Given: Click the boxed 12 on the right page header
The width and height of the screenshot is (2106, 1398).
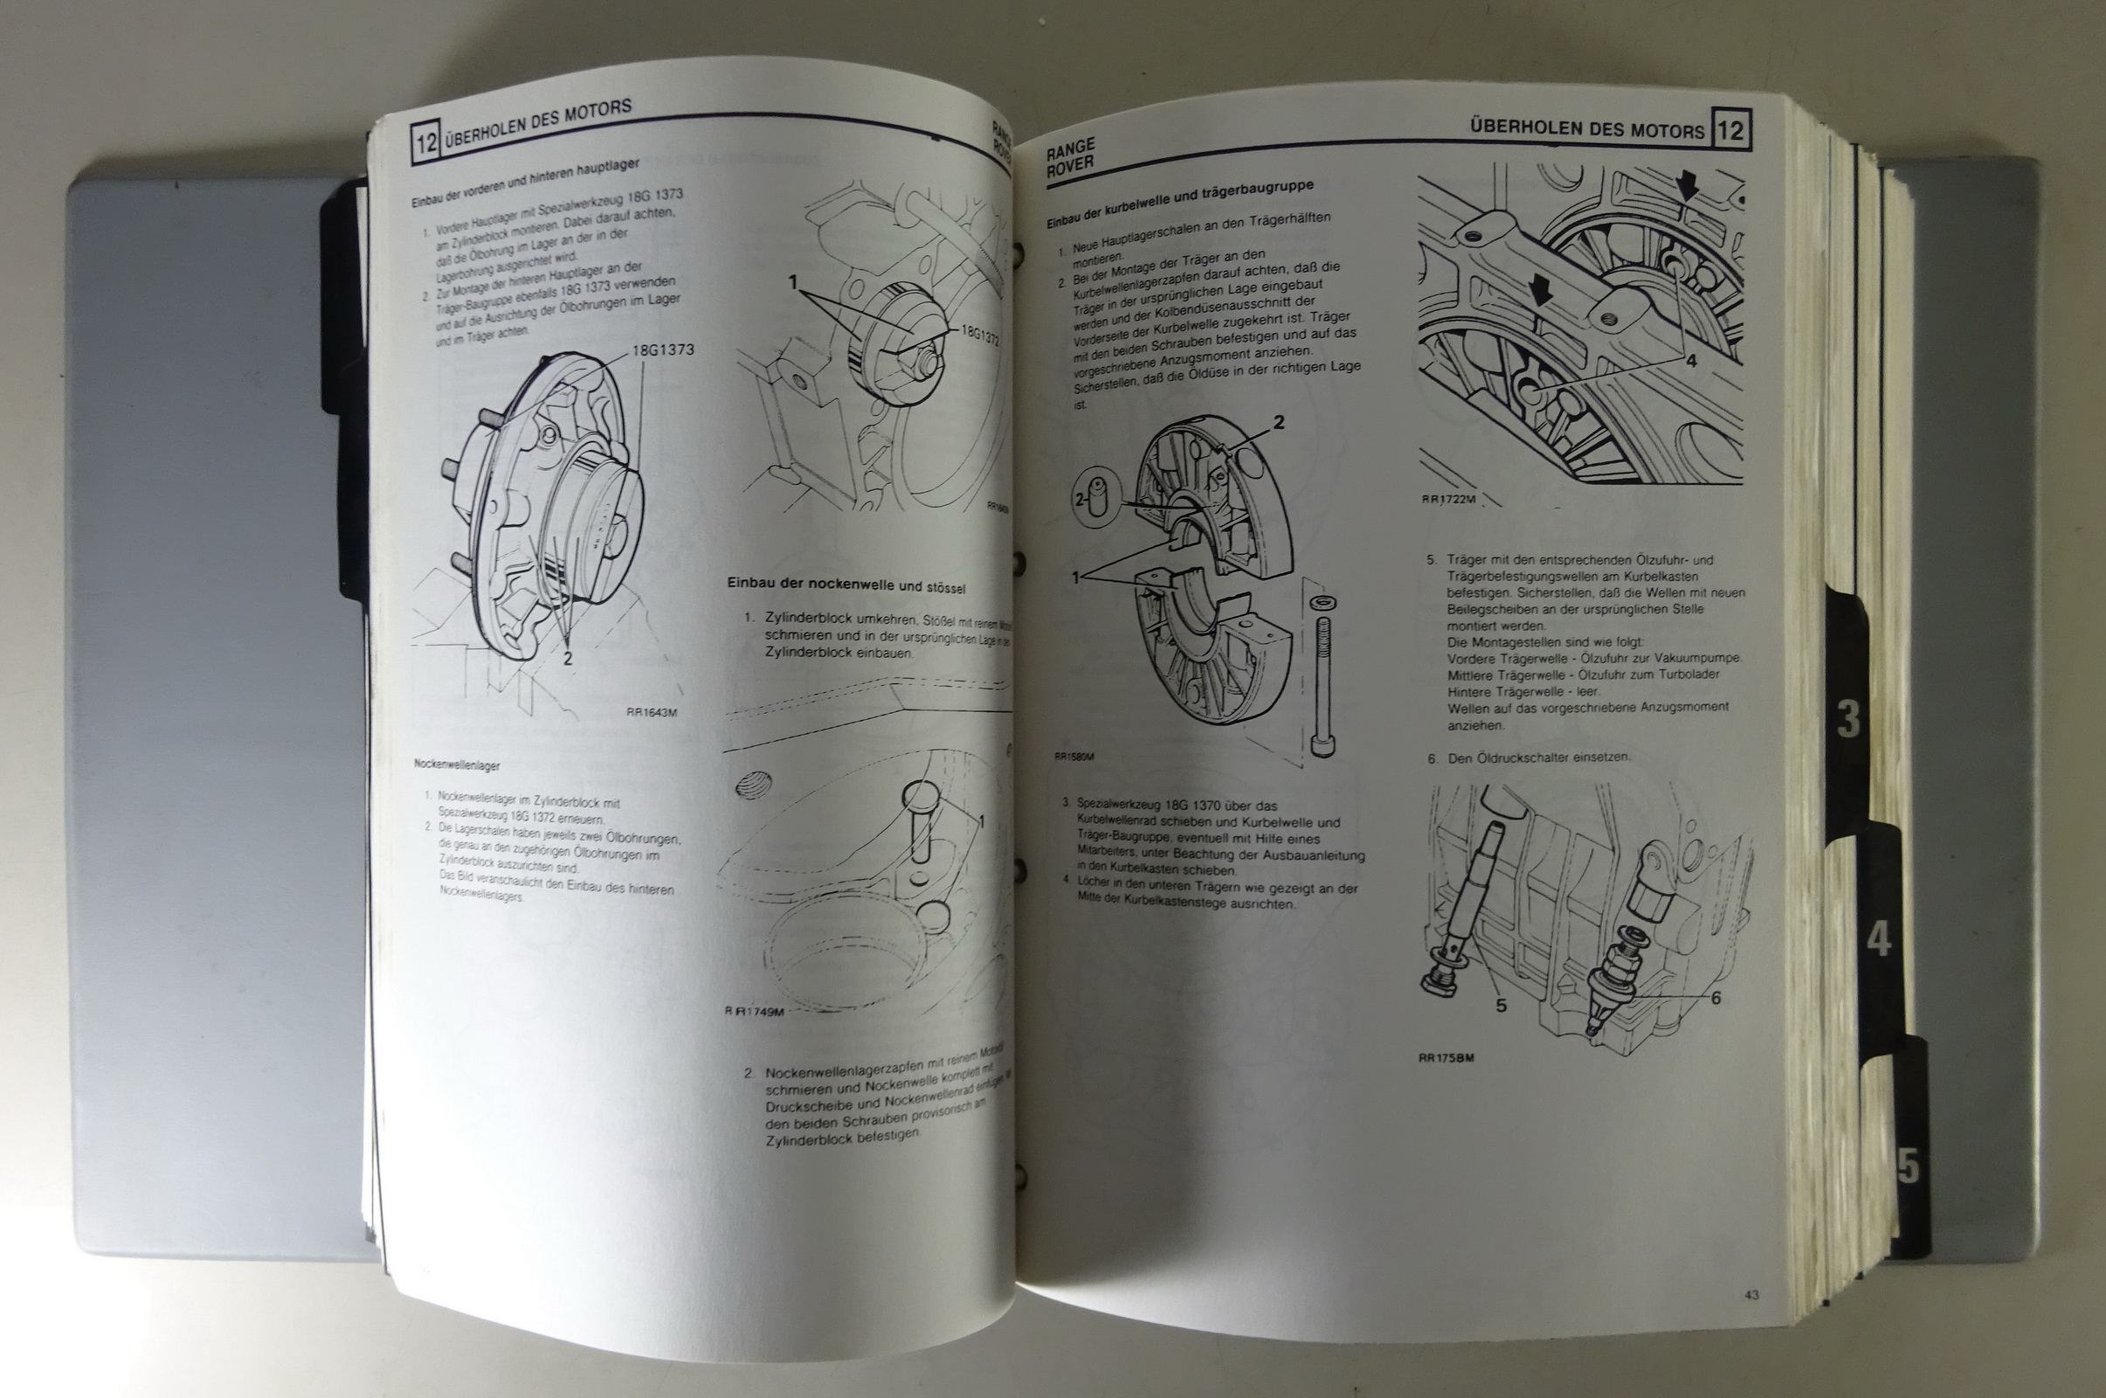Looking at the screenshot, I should click(x=1729, y=131).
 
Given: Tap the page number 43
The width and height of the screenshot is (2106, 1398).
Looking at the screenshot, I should click(x=1751, y=1295).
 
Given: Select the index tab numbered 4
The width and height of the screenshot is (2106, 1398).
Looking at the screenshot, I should click(x=1877, y=938).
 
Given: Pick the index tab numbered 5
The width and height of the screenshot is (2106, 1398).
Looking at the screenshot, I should click(x=1907, y=1166).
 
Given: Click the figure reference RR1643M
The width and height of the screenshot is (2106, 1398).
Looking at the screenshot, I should click(x=652, y=712).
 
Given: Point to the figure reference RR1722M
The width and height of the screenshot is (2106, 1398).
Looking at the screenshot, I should click(x=1447, y=499).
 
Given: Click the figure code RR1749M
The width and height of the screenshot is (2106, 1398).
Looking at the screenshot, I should click(x=754, y=1011).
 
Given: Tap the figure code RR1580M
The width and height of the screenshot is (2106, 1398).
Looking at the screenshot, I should click(x=1074, y=757).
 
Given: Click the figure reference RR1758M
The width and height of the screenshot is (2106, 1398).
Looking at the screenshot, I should click(x=1447, y=1058).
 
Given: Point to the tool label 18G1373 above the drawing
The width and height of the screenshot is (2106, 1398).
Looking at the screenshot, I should click(x=662, y=349).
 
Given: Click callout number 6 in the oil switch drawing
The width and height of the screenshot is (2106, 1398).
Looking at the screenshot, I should click(x=1716, y=998).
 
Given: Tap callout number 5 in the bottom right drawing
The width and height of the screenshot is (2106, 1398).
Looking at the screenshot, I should click(x=1501, y=1006).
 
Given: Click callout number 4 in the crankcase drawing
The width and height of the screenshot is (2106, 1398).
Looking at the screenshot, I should click(x=1690, y=361).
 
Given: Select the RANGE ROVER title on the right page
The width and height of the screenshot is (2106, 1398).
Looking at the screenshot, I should click(x=1070, y=157).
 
